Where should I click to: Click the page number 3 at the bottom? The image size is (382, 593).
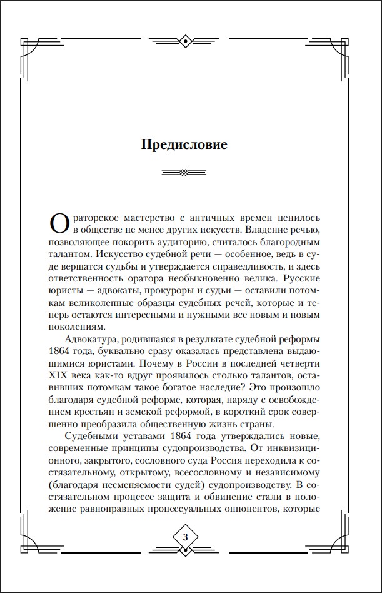click(185, 538)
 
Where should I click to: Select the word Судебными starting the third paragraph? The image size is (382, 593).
click(92, 436)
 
